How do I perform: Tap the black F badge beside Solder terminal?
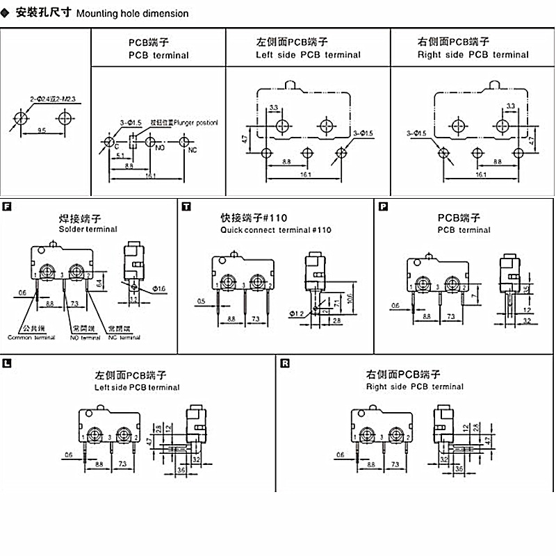[x=7, y=206]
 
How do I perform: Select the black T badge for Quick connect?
[x=186, y=206]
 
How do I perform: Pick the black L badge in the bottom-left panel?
[x=7, y=363]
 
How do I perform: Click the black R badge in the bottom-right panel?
[x=285, y=363]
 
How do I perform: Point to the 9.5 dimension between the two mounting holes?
[x=42, y=130]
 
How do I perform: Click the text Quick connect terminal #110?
[x=276, y=229]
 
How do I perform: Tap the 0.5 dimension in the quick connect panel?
[x=201, y=301]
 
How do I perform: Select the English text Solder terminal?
[x=88, y=229]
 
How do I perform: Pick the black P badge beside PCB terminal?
[x=384, y=206]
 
